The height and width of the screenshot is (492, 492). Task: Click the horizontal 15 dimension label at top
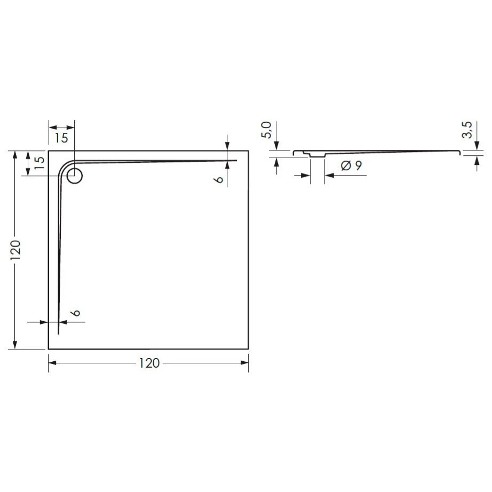61,138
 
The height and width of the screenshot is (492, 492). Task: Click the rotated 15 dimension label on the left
38,163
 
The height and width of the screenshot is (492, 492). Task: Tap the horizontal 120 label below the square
149,363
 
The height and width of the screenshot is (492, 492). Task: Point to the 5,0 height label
267,130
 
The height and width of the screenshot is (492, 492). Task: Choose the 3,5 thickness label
467,130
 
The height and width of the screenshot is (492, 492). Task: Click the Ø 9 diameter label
351,166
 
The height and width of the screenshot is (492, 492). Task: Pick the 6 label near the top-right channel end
218,180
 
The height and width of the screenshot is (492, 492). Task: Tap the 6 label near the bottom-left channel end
76,313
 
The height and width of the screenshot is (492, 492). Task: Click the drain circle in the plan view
74,176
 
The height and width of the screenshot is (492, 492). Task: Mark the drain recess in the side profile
317,156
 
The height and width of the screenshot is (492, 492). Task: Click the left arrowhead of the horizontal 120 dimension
52,363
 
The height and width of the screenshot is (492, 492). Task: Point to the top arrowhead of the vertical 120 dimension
15,155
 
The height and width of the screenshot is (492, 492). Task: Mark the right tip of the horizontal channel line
236,160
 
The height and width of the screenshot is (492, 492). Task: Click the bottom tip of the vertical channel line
58,334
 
